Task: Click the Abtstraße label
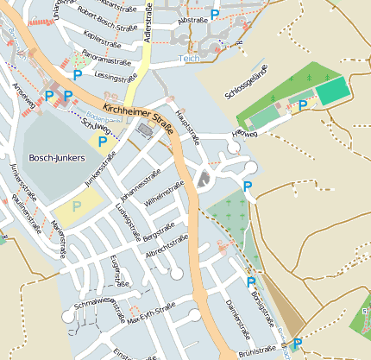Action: (x=192, y=19)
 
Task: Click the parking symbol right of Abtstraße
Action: (x=215, y=15)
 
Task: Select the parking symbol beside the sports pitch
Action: (x=303, y=105)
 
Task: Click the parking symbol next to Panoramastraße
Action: (x=77, y=75)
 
